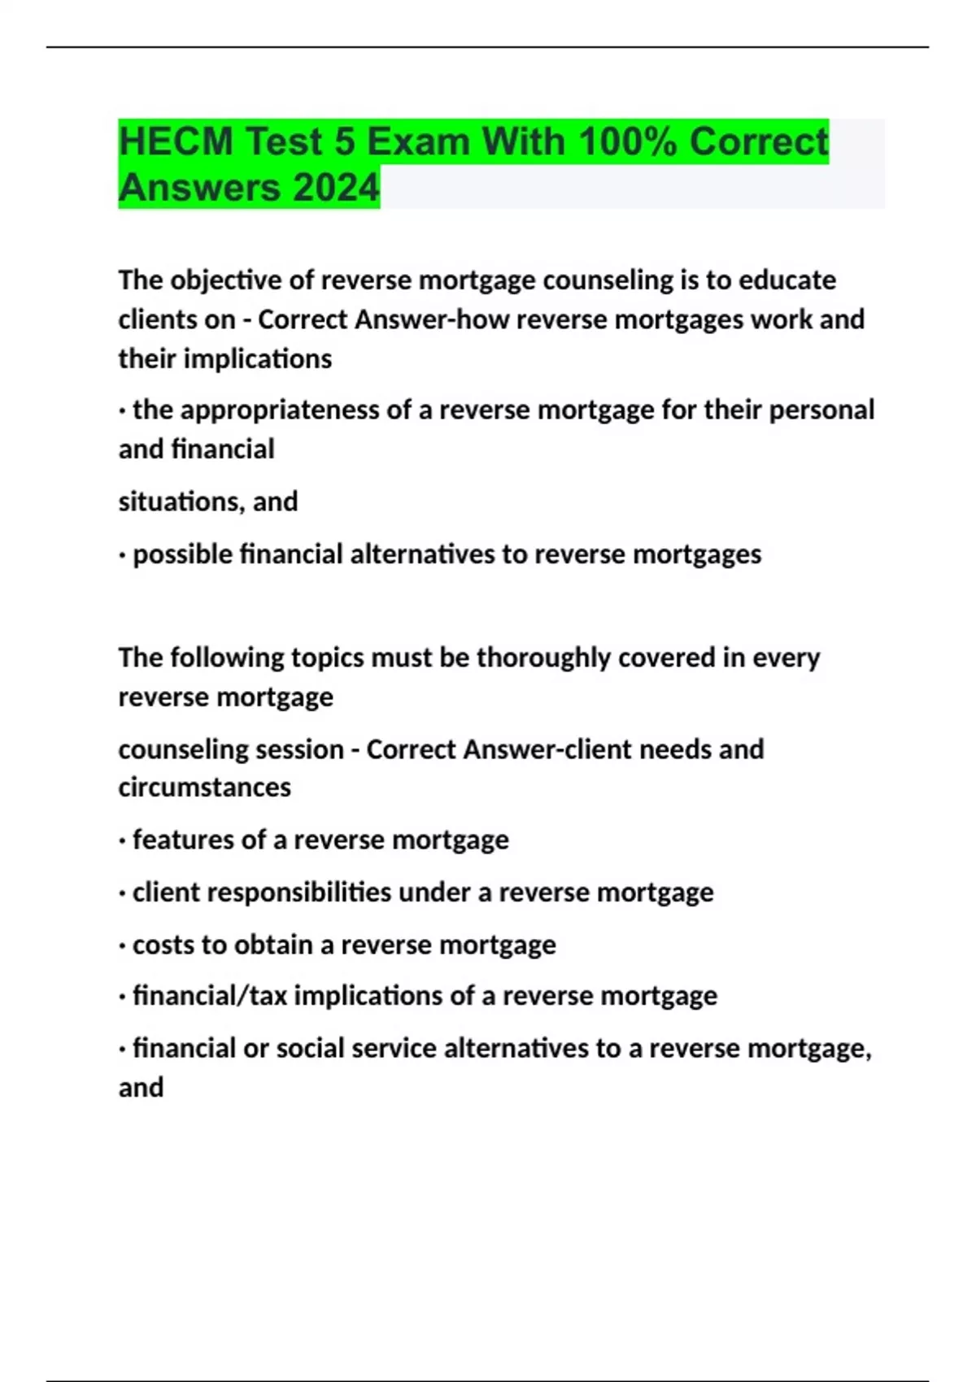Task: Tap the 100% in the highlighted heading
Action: pyautogui.click(x=628, y=142)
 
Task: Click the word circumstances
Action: pyautogui.click(x=204, y=788)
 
